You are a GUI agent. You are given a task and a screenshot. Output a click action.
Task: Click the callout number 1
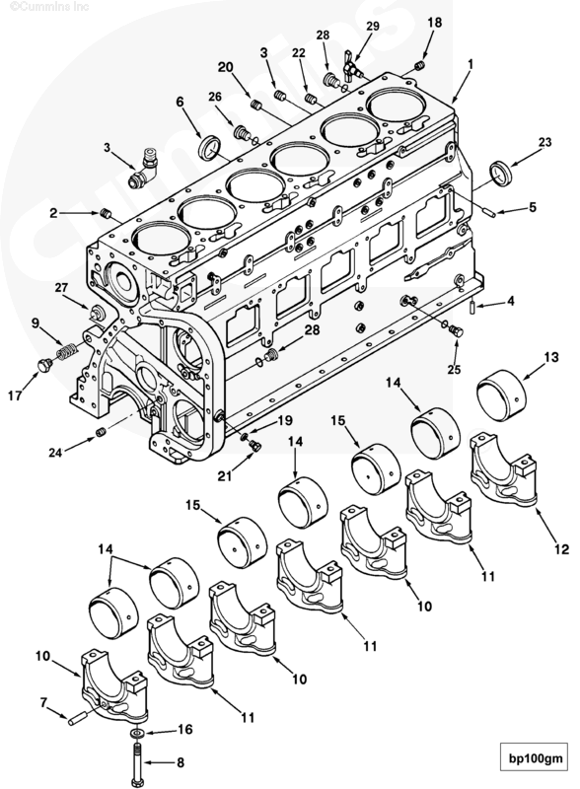pyautogui.click(x=471, y=62)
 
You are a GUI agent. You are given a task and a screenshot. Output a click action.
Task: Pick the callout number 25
pyautogui.click(x=453, y=369)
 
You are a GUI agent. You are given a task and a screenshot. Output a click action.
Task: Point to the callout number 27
pyautogui.click(x=60, y=288)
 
